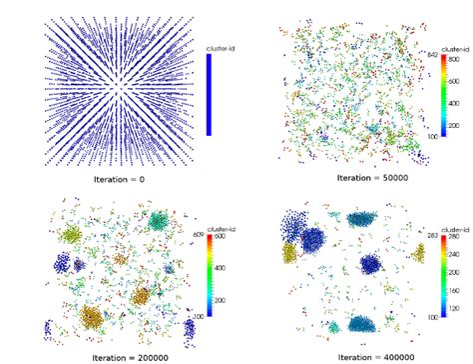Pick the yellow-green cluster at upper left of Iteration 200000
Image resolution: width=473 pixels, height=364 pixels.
tap(72, 236)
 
